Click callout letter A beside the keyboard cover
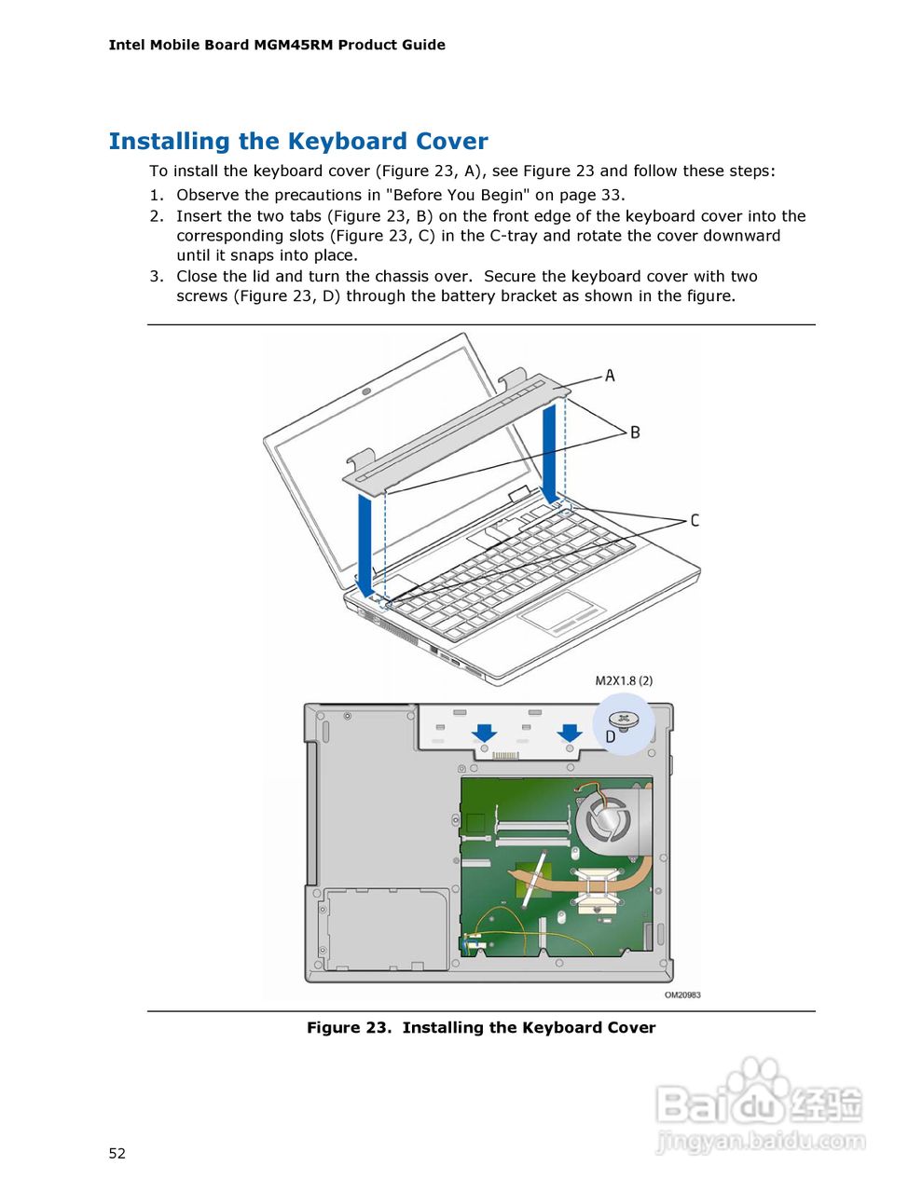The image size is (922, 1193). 610,376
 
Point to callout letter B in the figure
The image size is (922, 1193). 635,432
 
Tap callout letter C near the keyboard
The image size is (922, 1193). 695,520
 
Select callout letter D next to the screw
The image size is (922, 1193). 610,737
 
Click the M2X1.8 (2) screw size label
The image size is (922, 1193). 624,680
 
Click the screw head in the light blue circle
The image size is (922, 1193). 624,720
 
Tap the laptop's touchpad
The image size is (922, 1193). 564,614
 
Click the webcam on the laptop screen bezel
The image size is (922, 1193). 365,392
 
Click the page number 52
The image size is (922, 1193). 117,1154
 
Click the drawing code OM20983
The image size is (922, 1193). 682,994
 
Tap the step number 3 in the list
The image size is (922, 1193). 156,276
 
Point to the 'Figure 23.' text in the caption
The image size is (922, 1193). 349,1028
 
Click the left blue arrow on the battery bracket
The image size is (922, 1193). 484,733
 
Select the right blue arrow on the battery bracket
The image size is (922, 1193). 570,733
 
